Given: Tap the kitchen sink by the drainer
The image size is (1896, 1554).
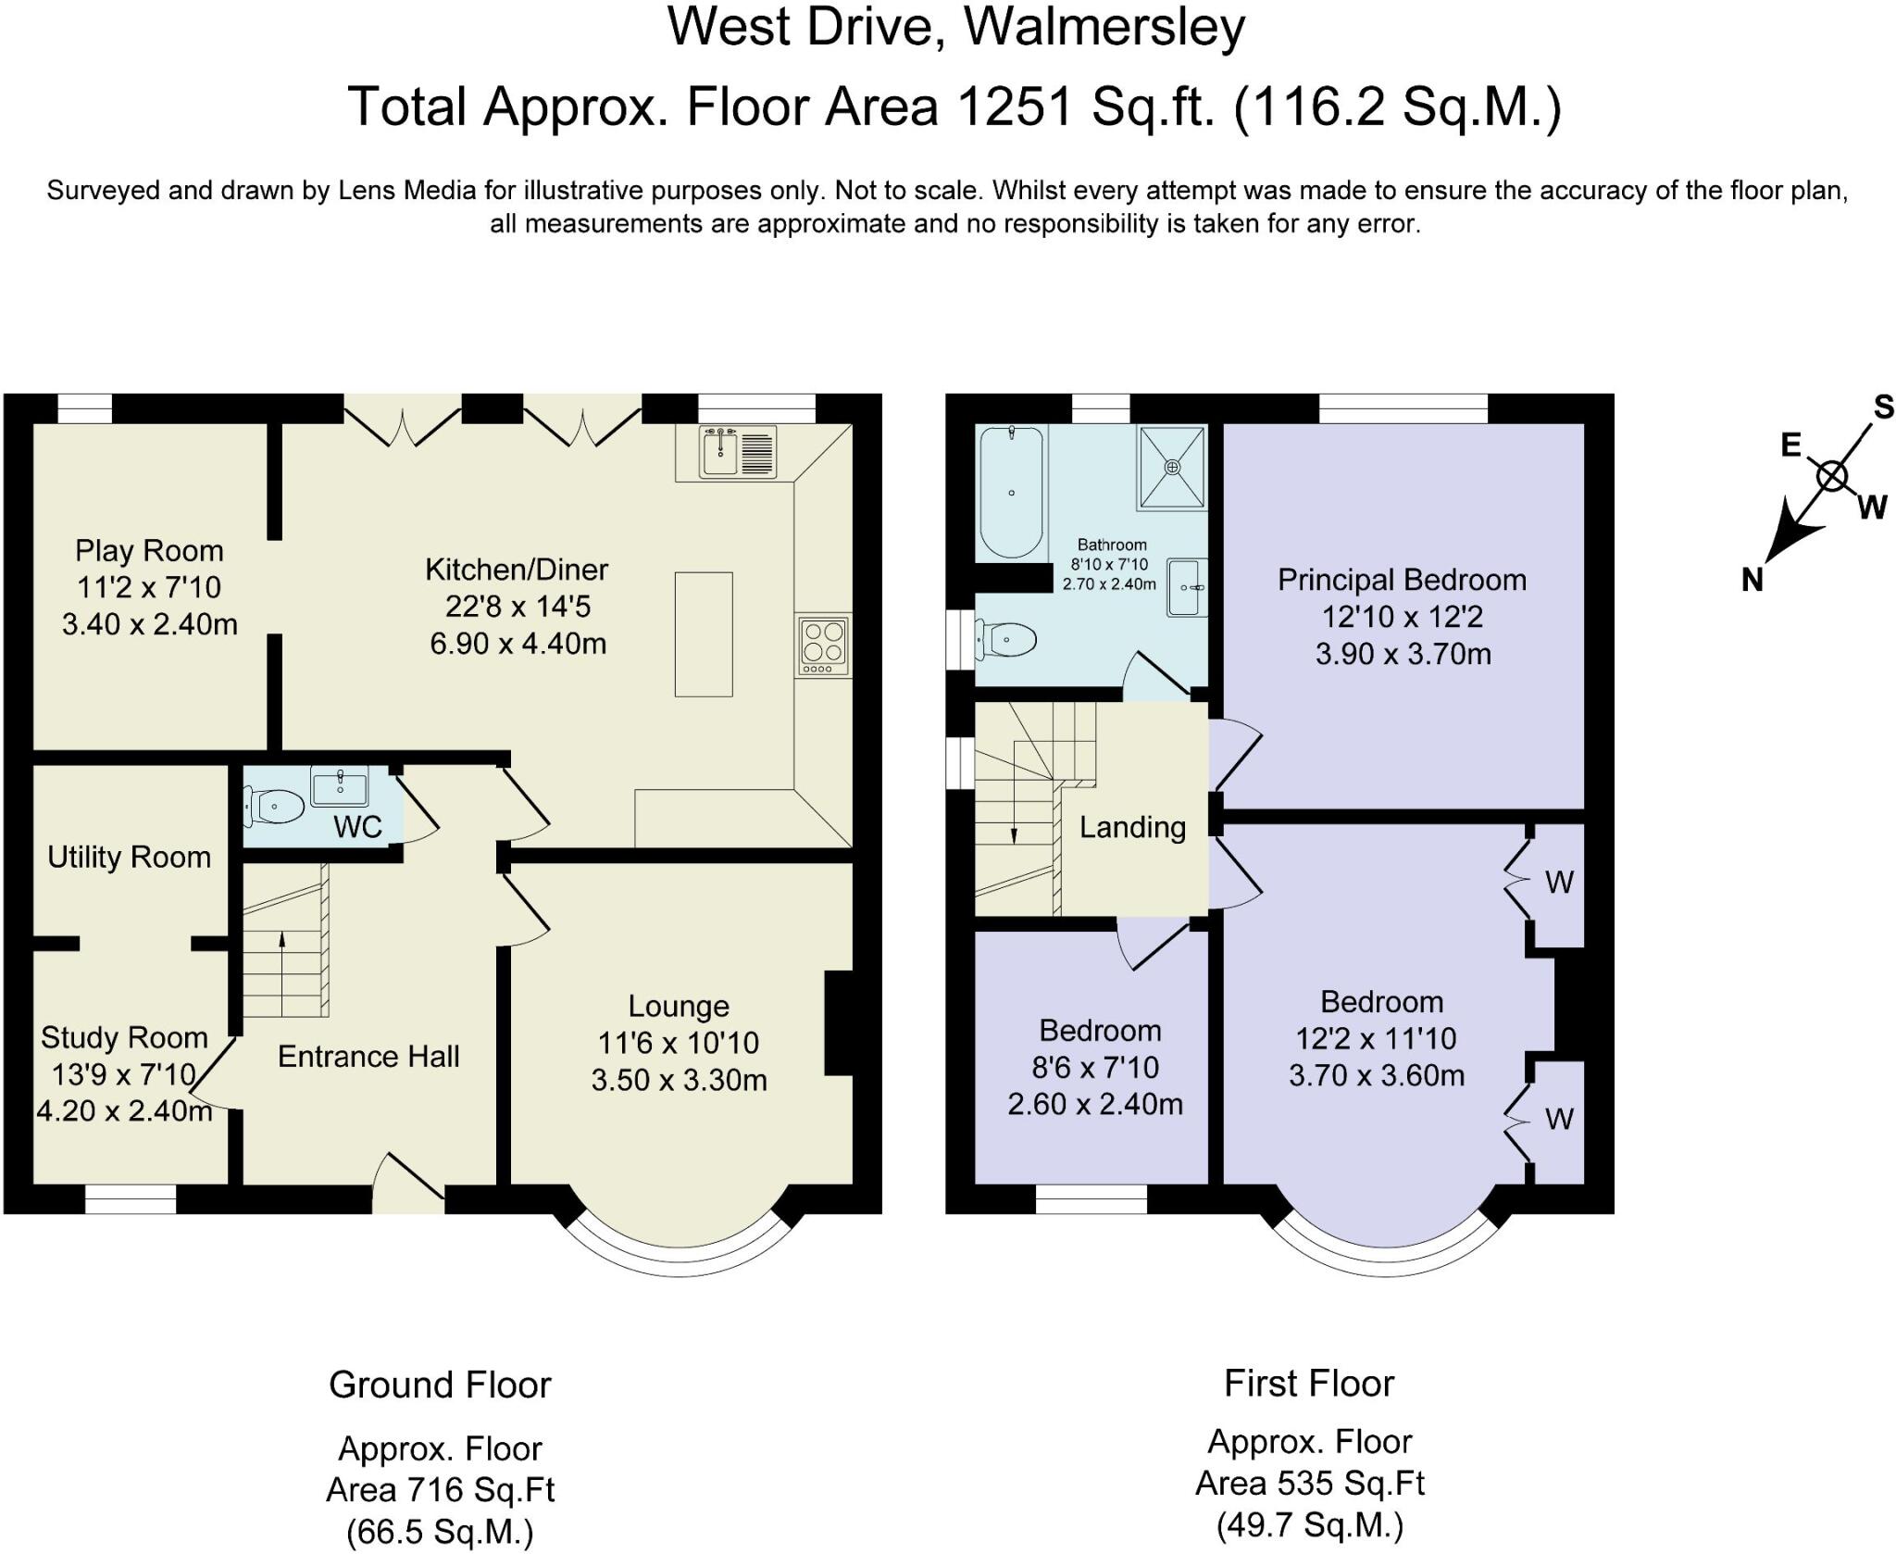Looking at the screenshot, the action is point(719,452).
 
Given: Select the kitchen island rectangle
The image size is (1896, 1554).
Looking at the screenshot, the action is point(704,634).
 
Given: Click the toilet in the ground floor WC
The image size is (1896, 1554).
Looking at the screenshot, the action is point(274,807).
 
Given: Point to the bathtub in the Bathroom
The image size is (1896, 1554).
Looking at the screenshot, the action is point(1011,493).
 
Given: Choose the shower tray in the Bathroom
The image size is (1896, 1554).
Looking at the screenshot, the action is point(1173,467).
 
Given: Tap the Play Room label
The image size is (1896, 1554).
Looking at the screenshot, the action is point(149,551).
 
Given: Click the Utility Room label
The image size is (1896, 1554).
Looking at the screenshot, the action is point(130,858).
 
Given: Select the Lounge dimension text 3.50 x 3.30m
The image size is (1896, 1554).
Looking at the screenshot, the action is point(680,1080).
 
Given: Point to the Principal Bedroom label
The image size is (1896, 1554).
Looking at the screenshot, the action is point(1403,580).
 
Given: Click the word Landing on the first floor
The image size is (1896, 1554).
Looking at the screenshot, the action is point(1132,827).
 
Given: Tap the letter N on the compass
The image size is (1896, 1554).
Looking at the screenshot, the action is point(1752,581).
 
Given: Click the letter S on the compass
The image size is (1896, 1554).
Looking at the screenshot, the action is point(1883,407).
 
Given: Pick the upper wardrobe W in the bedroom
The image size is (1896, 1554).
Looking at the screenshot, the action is point(1559,883).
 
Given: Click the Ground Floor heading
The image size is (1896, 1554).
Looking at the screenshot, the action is point(440,1385).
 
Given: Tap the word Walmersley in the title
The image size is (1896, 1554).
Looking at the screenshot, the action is point(1104,27).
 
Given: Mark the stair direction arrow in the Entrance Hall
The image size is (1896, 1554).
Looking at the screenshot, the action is point(281,973).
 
